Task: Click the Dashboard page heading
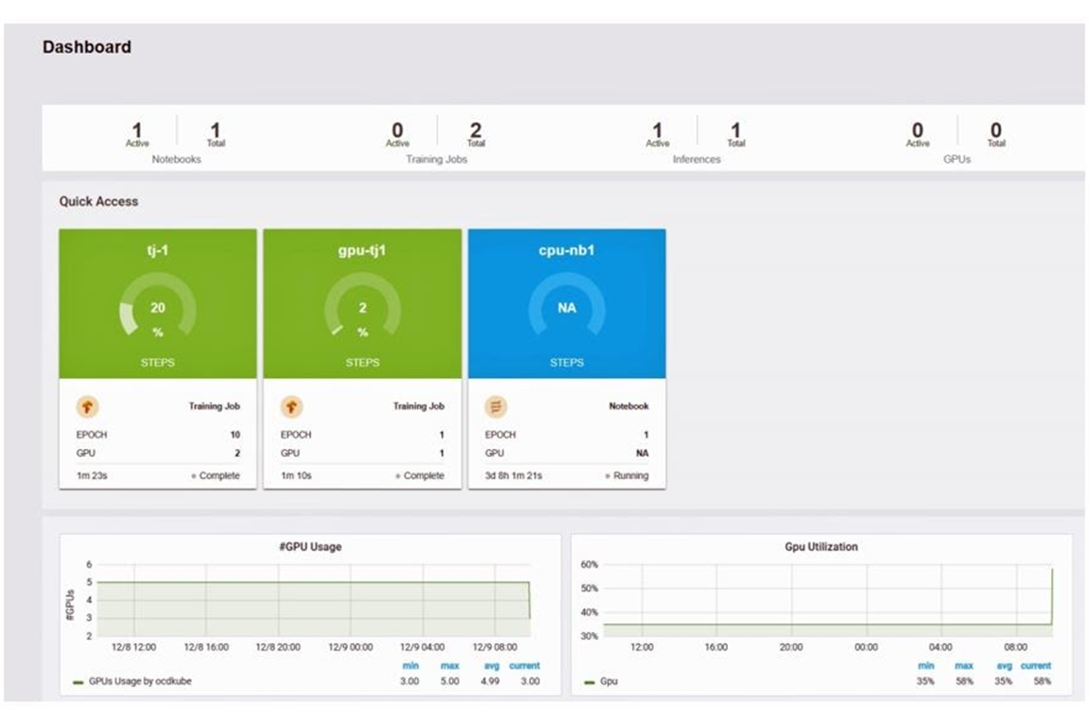[87, 47]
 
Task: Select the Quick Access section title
[98, 201]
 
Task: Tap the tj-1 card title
[158, 251]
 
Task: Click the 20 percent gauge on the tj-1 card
[158, 311]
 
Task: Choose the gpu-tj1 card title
[362, 251]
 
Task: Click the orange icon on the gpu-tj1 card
[291, 406]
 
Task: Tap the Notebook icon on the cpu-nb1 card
[495, 406]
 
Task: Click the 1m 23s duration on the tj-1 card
[92, 475]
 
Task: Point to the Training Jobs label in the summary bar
[437, 160]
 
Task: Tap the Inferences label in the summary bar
[697, 160]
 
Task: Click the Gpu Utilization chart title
[821, 546]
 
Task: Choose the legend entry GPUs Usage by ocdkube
[139, 681]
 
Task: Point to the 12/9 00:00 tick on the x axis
[350, 648]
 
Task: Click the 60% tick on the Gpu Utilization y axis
[588, 564]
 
